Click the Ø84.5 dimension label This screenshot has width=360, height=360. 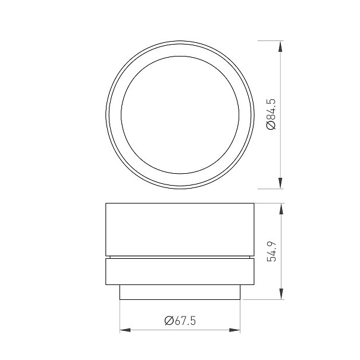point(271,115)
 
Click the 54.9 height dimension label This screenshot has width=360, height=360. point(271,252)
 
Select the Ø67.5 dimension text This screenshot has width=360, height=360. point(180,321)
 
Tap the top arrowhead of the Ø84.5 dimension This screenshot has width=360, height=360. point(280,46)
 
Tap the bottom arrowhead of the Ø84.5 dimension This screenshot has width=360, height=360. point(280,183)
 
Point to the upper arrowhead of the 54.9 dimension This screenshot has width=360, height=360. point(281,209)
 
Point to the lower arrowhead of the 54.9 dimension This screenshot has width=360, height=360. point(281,294)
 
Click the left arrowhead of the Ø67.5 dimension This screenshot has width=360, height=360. point(125,330)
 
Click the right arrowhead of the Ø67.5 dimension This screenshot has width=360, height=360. point(234,330)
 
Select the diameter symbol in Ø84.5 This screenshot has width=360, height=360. point(271,126)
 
